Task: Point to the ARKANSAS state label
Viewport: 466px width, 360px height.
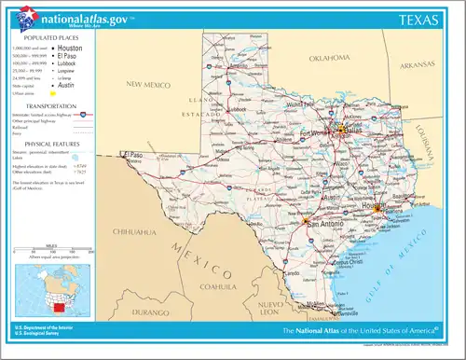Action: coord(413,66)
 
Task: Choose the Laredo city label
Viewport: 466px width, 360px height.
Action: coord(292,273)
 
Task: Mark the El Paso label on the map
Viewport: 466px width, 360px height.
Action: coord(137,155)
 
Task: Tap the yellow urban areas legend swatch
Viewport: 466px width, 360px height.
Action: coord(54,93)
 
